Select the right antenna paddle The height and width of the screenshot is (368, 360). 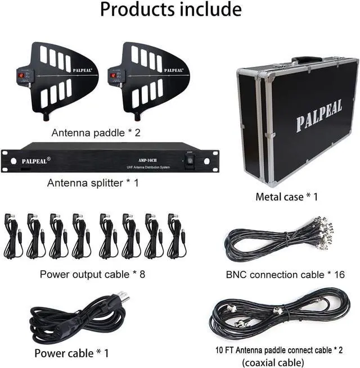point(148,79)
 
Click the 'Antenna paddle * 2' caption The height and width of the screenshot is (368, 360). point(96,133)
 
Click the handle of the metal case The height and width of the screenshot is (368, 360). point(307,59)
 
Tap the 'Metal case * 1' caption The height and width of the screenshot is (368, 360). point(287,197)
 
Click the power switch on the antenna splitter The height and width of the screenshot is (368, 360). point(190,160)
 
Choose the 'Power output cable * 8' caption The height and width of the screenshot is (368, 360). point(96,275)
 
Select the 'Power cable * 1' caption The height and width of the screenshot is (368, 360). point(71,353)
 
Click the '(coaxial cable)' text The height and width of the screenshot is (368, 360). point(273,362)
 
